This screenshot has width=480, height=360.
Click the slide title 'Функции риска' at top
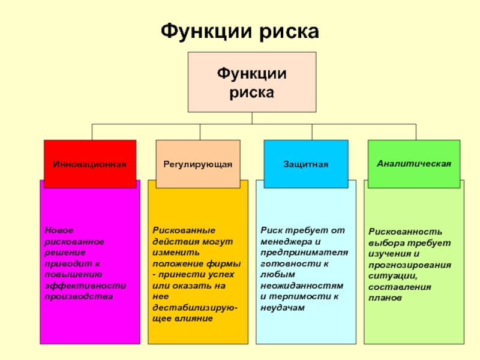point(239,31)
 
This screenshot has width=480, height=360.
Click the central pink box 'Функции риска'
point(251,82)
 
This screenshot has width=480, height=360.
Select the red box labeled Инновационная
point(89,164)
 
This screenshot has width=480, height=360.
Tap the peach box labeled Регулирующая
point(197,164)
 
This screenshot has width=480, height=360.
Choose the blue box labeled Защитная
point(306,164)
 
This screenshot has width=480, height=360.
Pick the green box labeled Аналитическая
point(414,163)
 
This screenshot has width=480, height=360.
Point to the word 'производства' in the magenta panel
point(78,296)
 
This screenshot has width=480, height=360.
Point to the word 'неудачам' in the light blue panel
point(283,307)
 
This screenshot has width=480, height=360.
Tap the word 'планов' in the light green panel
point(385,297)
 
